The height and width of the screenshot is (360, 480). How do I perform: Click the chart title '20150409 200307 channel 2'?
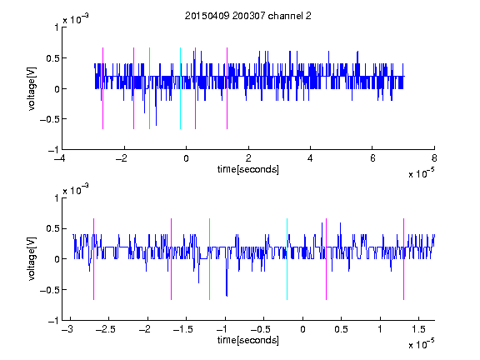248,16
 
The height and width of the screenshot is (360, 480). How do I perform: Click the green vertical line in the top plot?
149,88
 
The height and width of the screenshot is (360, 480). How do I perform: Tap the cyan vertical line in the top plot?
180,88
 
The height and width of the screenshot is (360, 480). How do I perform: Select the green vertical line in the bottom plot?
209,259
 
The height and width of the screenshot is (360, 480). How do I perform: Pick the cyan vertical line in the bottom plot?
287,259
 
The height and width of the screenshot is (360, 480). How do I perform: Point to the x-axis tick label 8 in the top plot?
434,158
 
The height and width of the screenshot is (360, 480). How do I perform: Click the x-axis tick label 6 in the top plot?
372,158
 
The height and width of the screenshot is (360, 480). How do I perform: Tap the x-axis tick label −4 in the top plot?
60,158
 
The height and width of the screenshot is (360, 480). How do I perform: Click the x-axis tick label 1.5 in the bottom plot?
419,329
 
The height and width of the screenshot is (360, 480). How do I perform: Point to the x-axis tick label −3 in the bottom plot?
67,329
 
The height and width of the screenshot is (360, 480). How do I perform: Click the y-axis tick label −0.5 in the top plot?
49,119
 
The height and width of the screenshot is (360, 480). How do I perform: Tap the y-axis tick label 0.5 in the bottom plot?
52,228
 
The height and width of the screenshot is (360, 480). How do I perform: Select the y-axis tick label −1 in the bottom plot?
53,321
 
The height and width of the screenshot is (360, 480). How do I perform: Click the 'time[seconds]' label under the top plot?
248,169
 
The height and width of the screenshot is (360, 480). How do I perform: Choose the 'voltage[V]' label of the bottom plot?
32,259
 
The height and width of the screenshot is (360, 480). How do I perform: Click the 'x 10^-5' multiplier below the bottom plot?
421,344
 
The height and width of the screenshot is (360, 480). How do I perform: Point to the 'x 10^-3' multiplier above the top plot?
76,19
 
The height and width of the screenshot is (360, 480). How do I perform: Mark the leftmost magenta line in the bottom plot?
93,259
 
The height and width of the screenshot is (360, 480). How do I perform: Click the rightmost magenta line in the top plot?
227,88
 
